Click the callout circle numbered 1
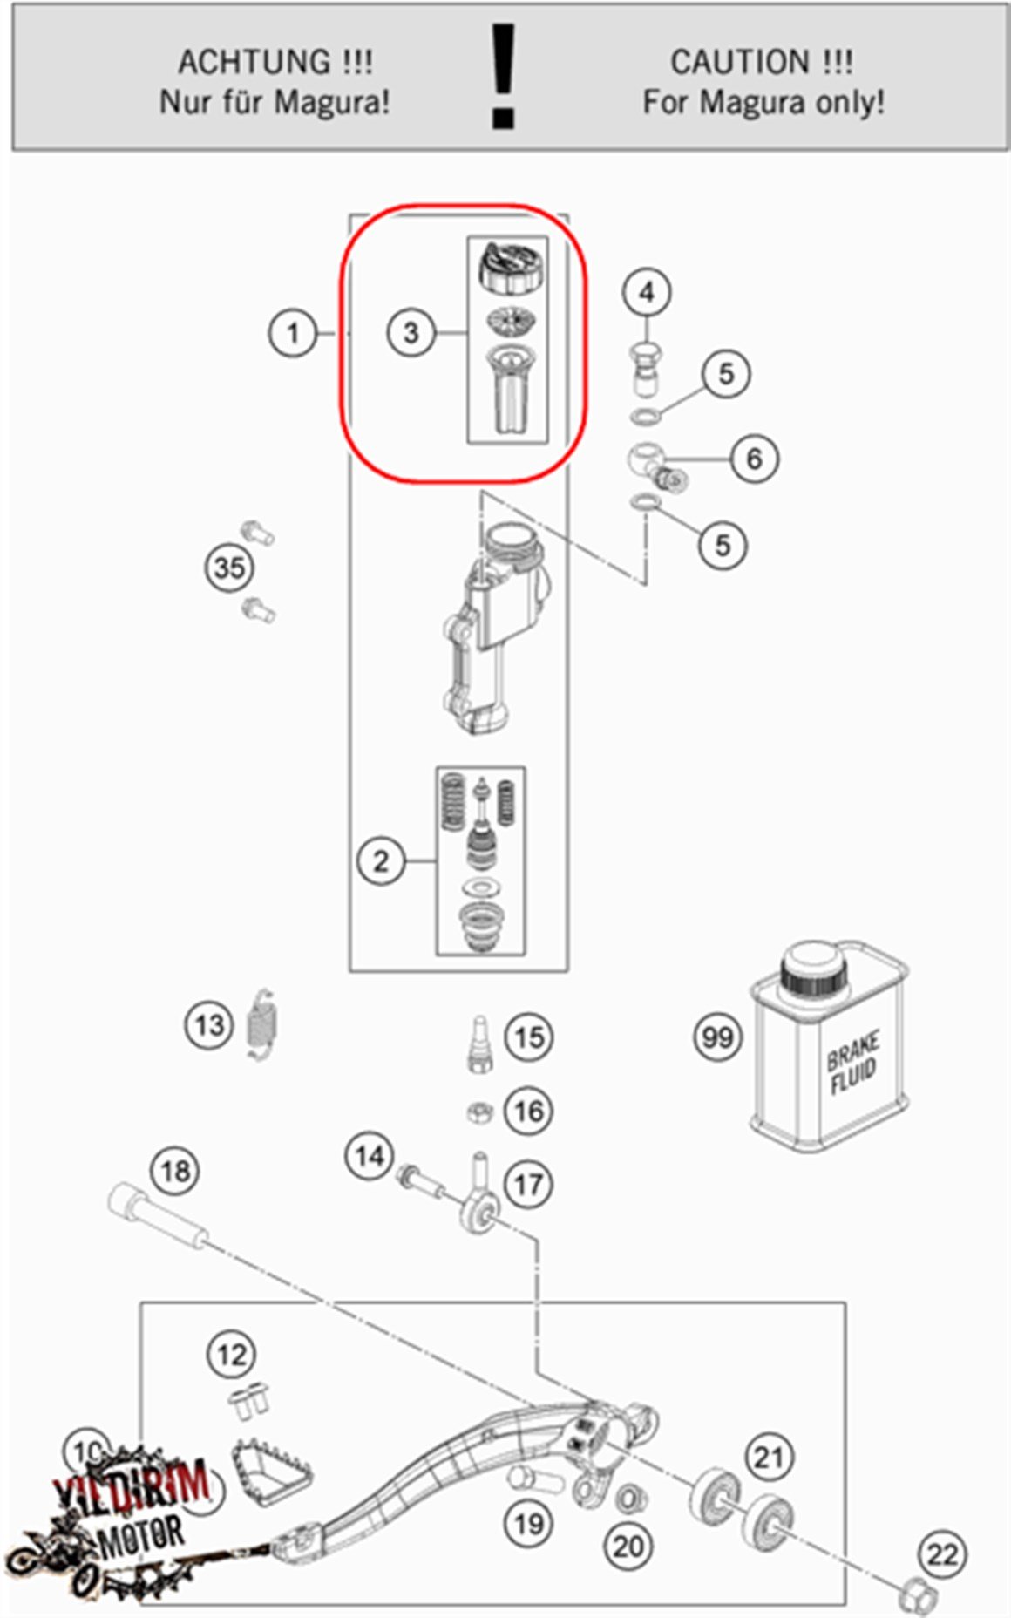(x=293, y=333)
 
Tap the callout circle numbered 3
(x=411, y=332)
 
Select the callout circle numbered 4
(x=647, y=292)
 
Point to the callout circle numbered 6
(x=754, y=458)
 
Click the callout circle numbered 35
(x=229, y=568)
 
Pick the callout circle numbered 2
(x=381, y=861)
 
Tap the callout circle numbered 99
(x=717, y=1037)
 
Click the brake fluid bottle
(x=828, y=1046)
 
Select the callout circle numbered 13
(x=209, y=1025)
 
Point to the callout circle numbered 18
(x=175, y=1170)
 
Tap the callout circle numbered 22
(x=942, y=1554)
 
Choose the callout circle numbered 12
(x=231, y=1354)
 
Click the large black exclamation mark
(x=504, y=77)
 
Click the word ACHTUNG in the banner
(x=254, y=62)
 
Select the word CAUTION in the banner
(x=739, y=62)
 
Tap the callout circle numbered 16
(x=529, y=1111)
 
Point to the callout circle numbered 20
(x=628, y=1546)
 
